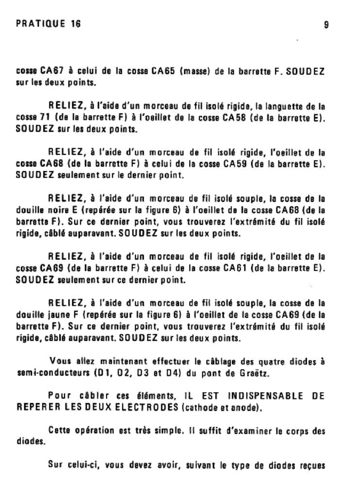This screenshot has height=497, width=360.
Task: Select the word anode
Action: click(246, 408)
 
